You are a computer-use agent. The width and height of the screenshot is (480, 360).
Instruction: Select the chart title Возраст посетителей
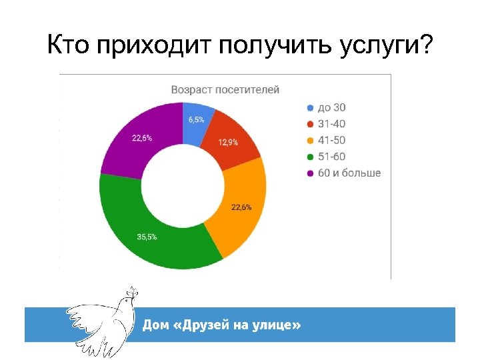click(225, 89)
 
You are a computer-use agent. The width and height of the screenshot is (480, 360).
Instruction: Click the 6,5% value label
click(197, 120)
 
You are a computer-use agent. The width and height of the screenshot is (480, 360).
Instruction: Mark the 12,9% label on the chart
click(229, 143)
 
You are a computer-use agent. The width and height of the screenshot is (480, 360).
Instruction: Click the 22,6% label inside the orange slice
click(241, 207)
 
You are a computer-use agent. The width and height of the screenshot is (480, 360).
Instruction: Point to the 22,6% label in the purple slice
click(141, 138)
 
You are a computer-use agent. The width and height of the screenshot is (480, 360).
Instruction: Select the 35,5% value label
click(147, 237)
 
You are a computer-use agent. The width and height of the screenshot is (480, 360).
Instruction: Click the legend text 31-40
click(331, 124)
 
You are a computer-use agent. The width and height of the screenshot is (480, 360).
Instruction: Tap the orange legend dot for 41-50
click(309, 141)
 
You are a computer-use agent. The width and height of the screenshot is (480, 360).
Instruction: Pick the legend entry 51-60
click(331, 157)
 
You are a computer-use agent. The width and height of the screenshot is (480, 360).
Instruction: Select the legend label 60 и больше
click(349, 173)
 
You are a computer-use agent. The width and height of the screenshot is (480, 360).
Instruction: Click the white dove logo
click(100, 319)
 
